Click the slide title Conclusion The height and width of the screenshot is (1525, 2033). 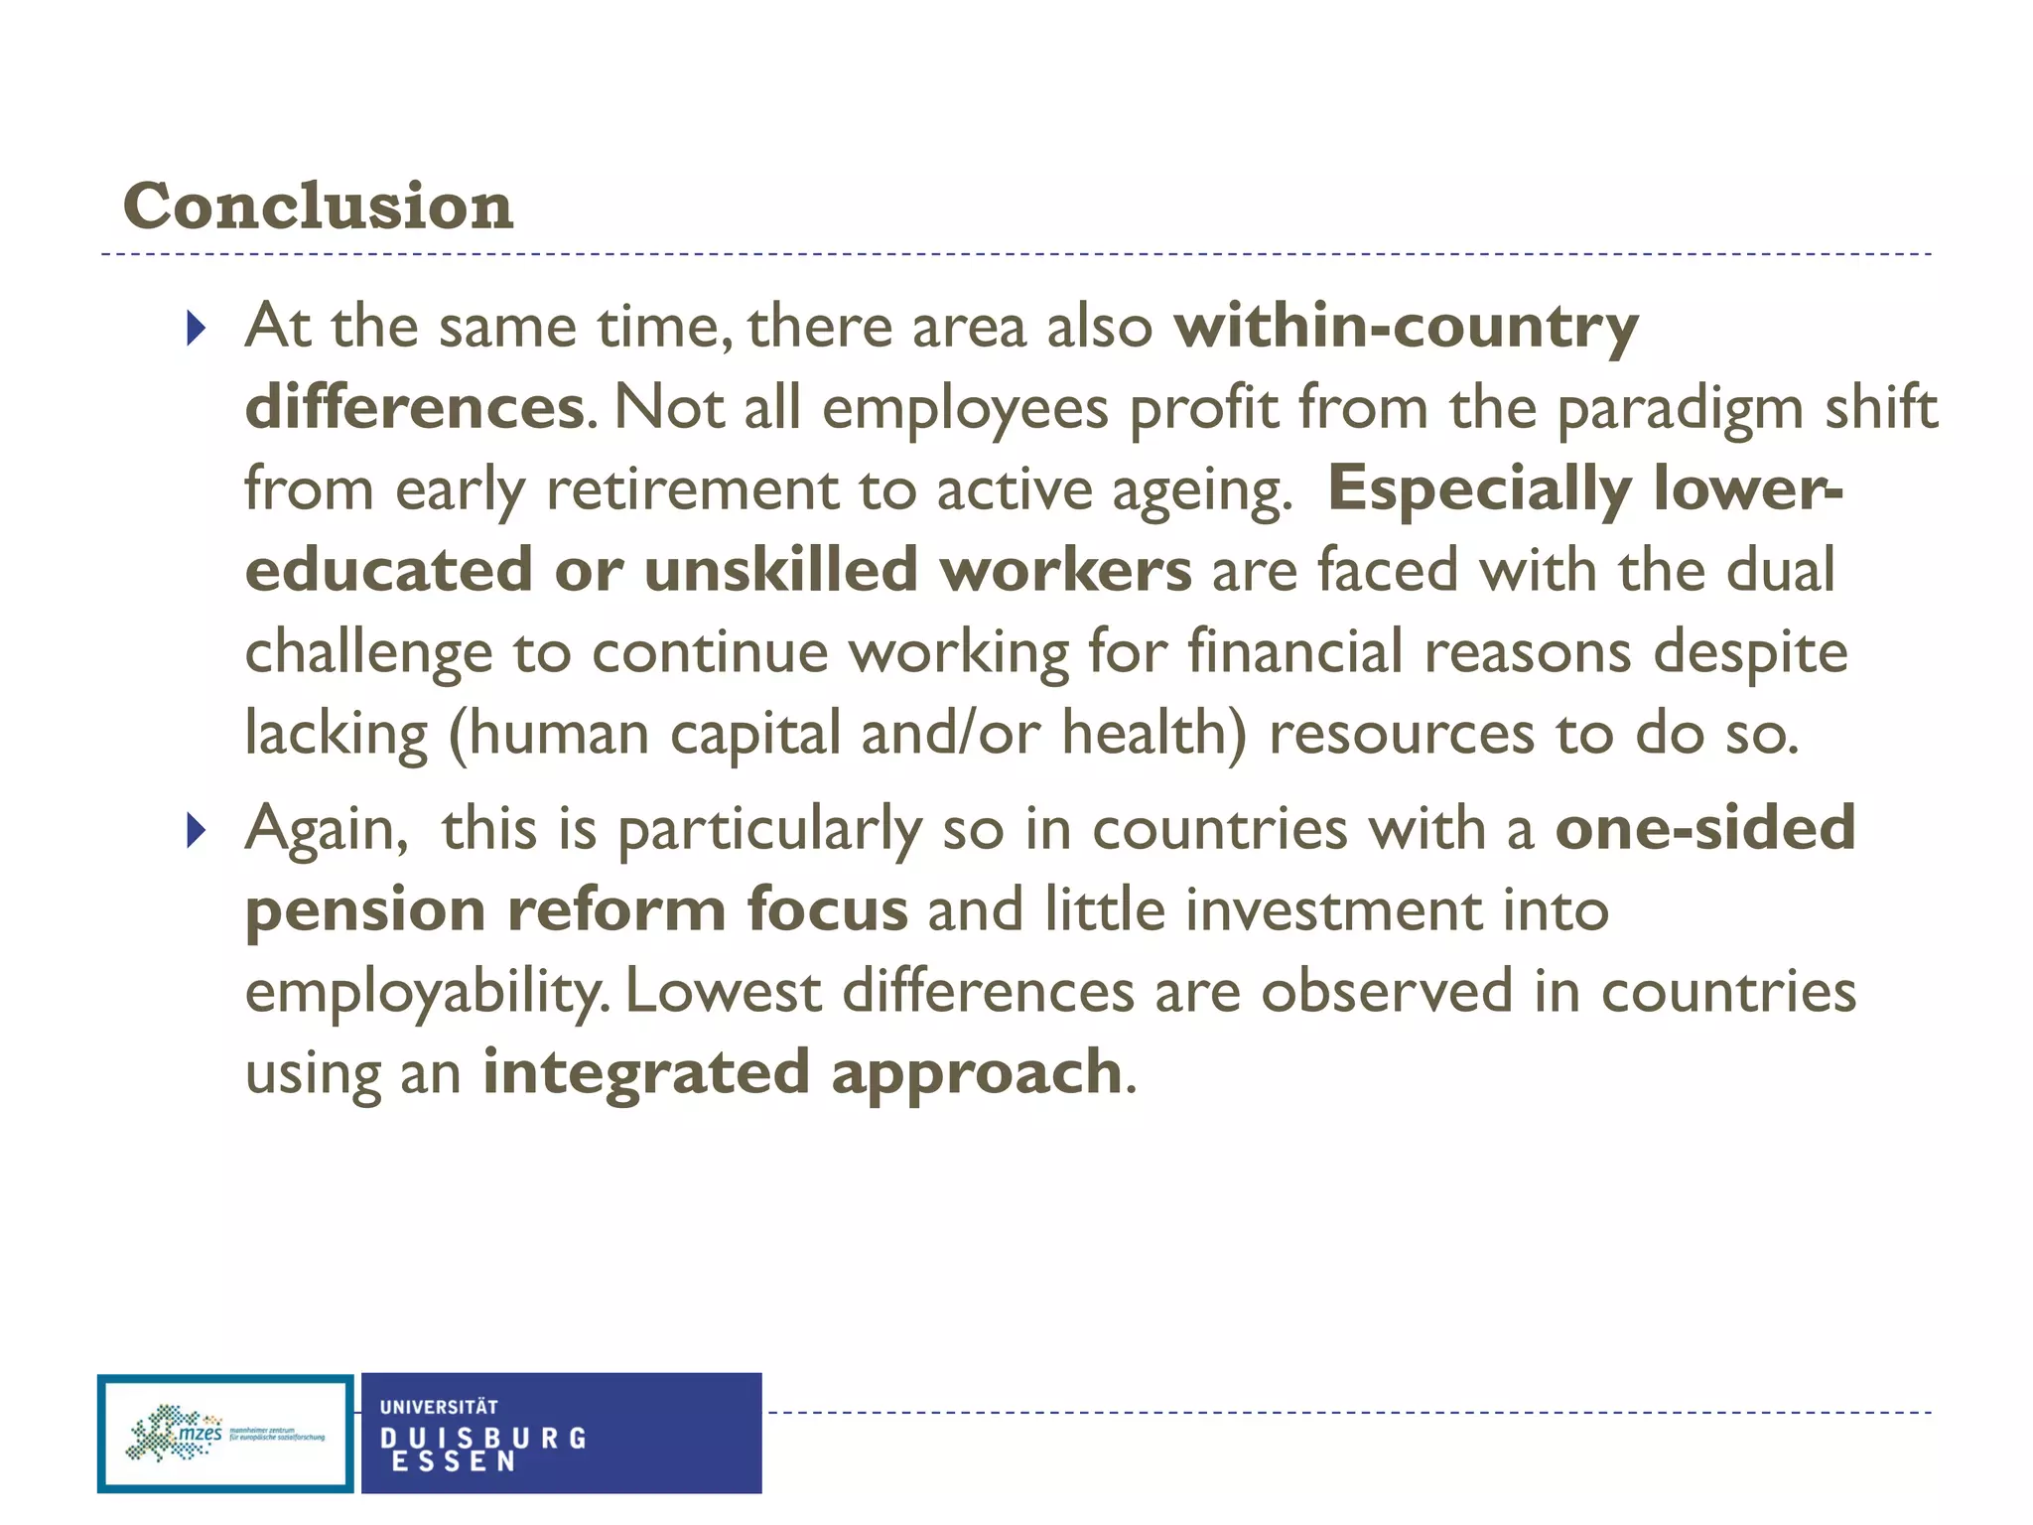point(318,207)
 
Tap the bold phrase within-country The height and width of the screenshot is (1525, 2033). point(1405,326)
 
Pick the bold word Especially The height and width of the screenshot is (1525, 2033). point(1479,489)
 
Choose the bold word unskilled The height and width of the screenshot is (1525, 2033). point(780,571)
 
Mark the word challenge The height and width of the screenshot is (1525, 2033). point(368,653)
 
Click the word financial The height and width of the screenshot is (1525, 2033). point(1294,652)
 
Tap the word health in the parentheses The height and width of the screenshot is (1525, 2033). point(1152,734)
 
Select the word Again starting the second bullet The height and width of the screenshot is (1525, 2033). point(326,829)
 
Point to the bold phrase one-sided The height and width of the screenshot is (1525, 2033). point(1704,827)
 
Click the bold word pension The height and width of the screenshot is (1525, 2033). point(365,910)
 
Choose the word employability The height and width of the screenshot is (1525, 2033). point(423,992)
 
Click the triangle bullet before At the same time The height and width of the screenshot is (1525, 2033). point(196,328)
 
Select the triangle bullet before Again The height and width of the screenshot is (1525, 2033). point(196,829)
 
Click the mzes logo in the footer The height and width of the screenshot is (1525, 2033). point(225,1433)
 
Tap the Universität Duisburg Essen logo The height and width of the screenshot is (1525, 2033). point(561,1433)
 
